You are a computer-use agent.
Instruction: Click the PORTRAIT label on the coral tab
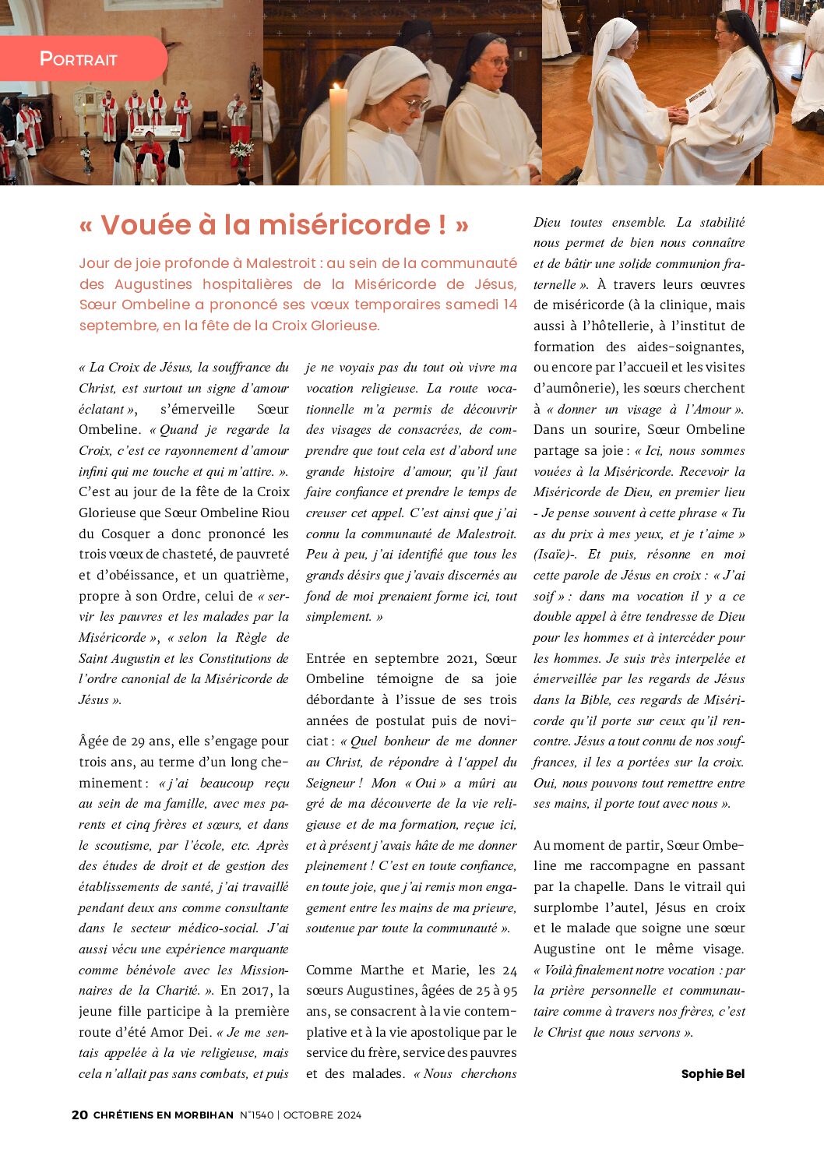[x=78, y=58]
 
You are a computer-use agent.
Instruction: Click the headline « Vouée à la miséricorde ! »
[x=274, y=225]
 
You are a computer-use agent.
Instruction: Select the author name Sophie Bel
[x=713, y=1073]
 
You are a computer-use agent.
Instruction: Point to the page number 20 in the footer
[x=79, y=1115]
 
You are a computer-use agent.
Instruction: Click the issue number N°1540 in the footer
[x=256, y=1115]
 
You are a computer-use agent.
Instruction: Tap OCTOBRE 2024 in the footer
[x=322, y=1115]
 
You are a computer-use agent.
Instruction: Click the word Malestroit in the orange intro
[x=281, y=263]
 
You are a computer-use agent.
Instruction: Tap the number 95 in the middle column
[x=509, y=990]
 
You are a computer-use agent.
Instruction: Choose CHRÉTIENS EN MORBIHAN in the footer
[x=164, y=1115]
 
